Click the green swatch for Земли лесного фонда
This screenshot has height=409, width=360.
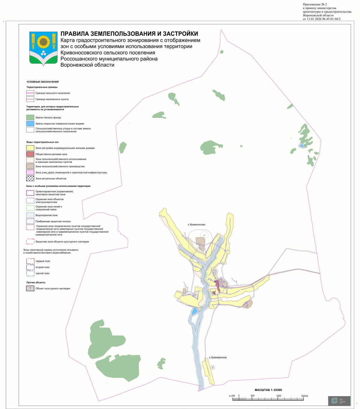[x=30, y=118]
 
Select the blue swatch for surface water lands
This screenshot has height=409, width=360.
[x=30, y=124]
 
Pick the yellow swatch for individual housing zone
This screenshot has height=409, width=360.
[x=30, y=148]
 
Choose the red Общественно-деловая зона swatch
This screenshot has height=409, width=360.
[x=30, y=154]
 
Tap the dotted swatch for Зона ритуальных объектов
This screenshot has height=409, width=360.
[x=30, y=178]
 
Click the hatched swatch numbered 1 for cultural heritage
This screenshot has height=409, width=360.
[x=30, y=288]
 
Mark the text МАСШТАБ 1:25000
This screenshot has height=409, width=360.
[x=268, y=390]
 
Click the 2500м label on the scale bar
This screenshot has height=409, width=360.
[x=304, y=396]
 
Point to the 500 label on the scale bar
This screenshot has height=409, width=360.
[x=253, y=396]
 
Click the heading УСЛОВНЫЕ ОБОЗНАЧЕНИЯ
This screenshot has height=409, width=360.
[x=42, y=82]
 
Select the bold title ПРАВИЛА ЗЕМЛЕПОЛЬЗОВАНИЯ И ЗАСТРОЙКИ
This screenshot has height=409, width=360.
[x=129, y=34]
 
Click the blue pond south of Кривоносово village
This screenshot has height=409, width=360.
[x=195, y=311]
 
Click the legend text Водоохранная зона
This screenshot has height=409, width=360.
[x=46, y=215]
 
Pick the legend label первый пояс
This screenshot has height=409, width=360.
[x=43, y=261]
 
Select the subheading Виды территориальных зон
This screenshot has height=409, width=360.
[x=42, y=142]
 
